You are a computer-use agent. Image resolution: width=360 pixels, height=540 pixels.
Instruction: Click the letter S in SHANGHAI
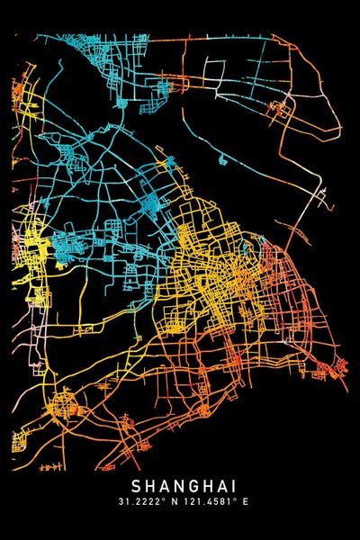pyautogui.click(x=136, y=484)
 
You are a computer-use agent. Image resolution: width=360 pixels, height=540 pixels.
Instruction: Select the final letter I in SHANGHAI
pyautogui.click(x=229, y=484)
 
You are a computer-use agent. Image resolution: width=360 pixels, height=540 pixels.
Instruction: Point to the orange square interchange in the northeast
pyautogui.click(x=281, y=111)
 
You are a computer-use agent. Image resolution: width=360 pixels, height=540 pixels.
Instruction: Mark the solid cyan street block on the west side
pyautogui.click(x=67, y=240)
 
